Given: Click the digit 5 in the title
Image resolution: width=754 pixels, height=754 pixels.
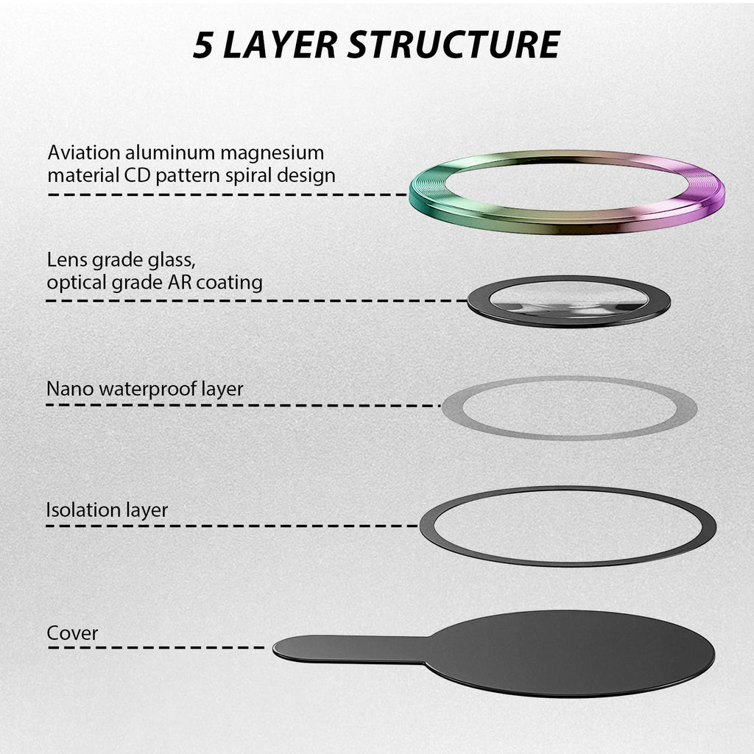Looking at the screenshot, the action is click(202, 45).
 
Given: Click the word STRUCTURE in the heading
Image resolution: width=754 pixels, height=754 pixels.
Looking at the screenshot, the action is click(454, 45).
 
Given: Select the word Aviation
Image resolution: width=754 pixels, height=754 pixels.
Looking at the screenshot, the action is click(84, 152).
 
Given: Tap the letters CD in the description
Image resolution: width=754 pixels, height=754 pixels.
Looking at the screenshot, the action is click(138, 175).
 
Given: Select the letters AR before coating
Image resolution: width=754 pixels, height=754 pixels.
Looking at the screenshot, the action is click(180, 282).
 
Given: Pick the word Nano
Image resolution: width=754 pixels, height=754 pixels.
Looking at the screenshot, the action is click(70, 389).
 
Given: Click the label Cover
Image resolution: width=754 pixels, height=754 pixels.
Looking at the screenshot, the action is click(72, 633).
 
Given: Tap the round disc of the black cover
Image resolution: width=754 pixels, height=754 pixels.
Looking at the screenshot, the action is click(570, 654).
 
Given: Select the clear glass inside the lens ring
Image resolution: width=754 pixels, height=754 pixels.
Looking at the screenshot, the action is click(568, 297).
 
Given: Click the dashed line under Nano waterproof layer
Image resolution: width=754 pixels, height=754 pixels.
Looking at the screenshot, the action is click(243, 406).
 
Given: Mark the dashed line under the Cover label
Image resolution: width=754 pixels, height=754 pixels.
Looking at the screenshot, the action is click(156, 648).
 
